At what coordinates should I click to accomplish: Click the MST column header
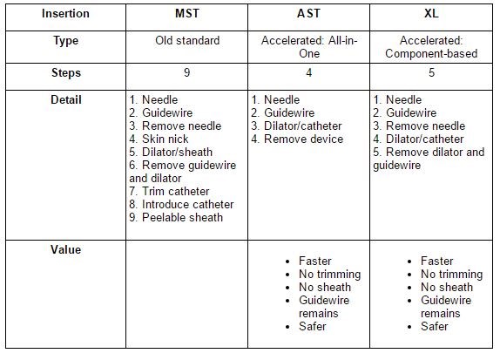click(x=187, y=15)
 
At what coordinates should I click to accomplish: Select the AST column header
click(x=309, y=15)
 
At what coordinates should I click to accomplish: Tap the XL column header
click(x=431, y=15)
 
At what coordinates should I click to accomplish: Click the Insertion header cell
click(x=64, y=15)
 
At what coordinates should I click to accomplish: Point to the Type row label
click(x=64, y=41)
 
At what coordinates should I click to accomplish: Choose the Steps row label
click(x=64, y=74)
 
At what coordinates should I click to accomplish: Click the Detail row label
click(x=64, y=100)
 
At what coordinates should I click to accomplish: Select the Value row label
click(x=64, y=250)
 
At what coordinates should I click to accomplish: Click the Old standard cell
click(x=187, y=41)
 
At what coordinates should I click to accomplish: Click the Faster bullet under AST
click(x=314, y=262)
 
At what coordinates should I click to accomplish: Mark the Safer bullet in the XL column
click(x=434, y=327)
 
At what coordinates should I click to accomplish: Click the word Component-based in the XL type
click(x=431, y=54)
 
